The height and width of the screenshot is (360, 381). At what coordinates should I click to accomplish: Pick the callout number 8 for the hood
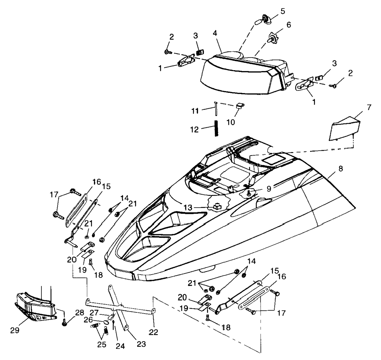[x=340, y=169]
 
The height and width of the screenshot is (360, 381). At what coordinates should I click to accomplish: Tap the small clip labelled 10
[x=239, y=106]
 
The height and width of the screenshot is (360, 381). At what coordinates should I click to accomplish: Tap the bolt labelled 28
[x=64, y=322]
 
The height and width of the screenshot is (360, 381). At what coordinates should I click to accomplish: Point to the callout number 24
[x=120, y=346]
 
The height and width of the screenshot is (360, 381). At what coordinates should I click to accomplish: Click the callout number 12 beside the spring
[x=194, y=130]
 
